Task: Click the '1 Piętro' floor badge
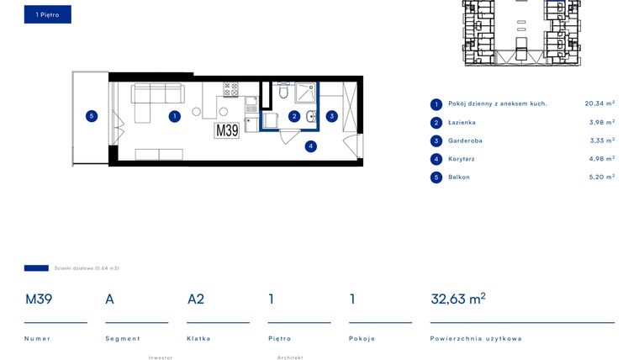point(48,14)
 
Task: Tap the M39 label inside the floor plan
point(227,130)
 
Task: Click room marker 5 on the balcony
point(92,116)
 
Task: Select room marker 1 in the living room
point(175,117)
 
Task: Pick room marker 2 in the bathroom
point(294,117)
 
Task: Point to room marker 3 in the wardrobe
point(332,117)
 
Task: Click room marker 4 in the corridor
point(311,146)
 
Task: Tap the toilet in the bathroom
point(283,92)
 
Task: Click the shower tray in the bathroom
point(305,93)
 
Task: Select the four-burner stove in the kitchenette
point(230,89)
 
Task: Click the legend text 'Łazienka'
point(462,122)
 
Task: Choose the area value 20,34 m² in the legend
point(599,103)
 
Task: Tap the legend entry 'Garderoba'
point(465,140)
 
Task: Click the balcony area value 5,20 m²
point(601,177)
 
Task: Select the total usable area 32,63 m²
point(458,299)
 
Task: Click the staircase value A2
point(196,299)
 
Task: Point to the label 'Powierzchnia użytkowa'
point(476,338)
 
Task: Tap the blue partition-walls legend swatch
point(36,267)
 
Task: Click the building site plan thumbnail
point(521,33)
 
